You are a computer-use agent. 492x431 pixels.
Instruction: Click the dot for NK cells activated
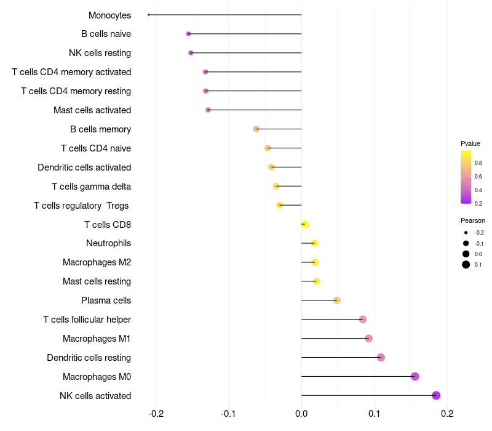[x=436, y=395]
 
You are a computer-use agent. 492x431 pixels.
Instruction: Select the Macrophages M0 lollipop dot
[x=415, y=376]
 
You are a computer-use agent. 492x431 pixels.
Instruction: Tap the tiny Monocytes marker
[x=149, y=14]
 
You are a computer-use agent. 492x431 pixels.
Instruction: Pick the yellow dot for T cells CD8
[x=304, y=224]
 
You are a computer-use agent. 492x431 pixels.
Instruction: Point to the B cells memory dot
[x=256, y=129]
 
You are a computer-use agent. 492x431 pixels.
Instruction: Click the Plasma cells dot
[x=337, y=300]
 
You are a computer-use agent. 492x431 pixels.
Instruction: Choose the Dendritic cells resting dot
[x=381, y=357]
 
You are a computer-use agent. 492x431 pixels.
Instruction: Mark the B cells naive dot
[x=188, y=33]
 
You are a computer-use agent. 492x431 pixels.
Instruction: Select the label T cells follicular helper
[x=87, y=320]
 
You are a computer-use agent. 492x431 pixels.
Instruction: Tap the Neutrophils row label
[x=108, y=243]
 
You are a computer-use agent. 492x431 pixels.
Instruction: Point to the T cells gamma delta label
[x=91, y=187]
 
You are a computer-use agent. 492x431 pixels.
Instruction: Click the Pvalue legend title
[x=470, y=143]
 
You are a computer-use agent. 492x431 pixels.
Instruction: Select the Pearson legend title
[x=473, y=220]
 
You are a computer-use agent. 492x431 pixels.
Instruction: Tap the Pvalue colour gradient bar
[x=466, y=177]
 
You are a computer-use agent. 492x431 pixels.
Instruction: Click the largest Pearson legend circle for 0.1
[x=466, y=265]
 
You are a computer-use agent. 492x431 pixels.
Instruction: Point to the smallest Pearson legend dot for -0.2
[x=466, y=233]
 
